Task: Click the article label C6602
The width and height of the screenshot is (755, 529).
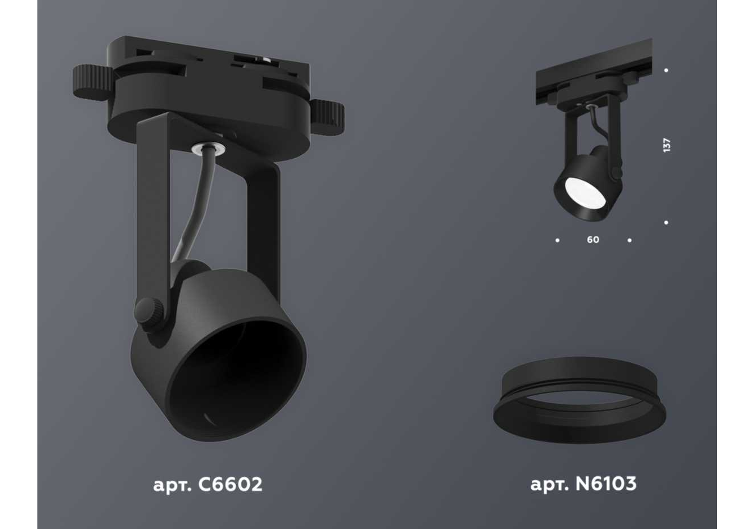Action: (208, 485)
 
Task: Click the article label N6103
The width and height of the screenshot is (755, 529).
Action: (583, 484)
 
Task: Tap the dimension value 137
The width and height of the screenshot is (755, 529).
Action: (666, 145)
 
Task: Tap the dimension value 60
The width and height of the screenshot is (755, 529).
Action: (593, 239)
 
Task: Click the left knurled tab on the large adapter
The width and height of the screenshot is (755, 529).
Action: (92, 83)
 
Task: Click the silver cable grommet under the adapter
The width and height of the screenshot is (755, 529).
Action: (208, 149)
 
